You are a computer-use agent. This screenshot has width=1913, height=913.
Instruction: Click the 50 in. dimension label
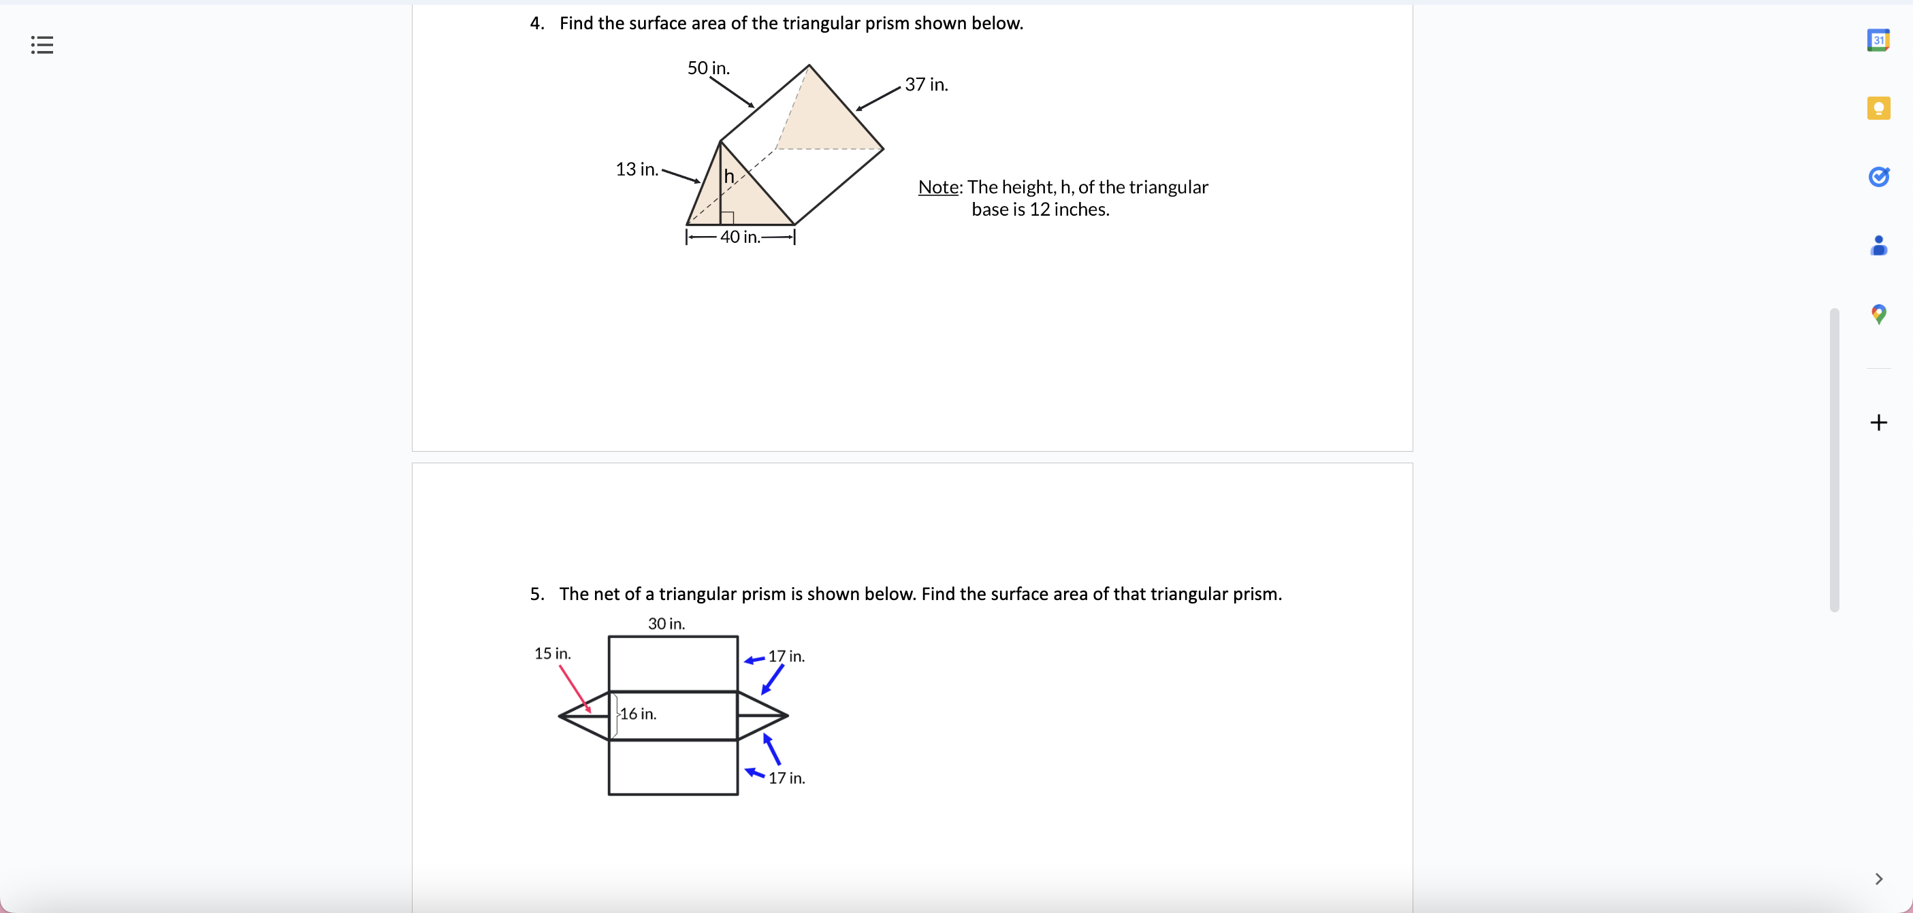pos(708,68)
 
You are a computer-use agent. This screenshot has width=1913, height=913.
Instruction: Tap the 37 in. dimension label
pos(926,84)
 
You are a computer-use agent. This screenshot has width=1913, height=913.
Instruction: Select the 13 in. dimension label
pos(637,169)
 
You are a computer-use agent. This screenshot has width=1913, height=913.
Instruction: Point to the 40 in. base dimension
pos(739,237)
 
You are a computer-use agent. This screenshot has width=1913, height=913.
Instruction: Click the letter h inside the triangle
pos(729,176)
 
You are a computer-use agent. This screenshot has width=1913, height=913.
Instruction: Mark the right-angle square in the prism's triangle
pos(728,218)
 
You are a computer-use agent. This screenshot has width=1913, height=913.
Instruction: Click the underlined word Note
pos(938,187)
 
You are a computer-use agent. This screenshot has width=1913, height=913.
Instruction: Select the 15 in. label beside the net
pos(553,654)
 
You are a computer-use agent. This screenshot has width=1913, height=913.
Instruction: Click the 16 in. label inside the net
pos(638,714)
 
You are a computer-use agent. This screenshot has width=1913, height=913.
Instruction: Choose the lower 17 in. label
pos(786,778)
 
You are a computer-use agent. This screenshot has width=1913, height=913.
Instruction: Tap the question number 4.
pos(536,24)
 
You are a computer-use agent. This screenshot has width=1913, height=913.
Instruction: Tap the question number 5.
pos(536,595)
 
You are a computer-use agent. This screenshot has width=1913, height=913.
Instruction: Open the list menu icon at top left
pos(42,46)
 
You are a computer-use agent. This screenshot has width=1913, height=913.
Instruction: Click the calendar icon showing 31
pos(1878,40)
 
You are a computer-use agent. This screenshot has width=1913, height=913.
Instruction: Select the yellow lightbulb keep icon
pos(1878,108)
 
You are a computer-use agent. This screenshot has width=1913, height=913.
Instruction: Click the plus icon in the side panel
pos(1878,422)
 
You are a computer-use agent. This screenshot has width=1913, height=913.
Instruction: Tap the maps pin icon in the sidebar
pos(1878,314)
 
